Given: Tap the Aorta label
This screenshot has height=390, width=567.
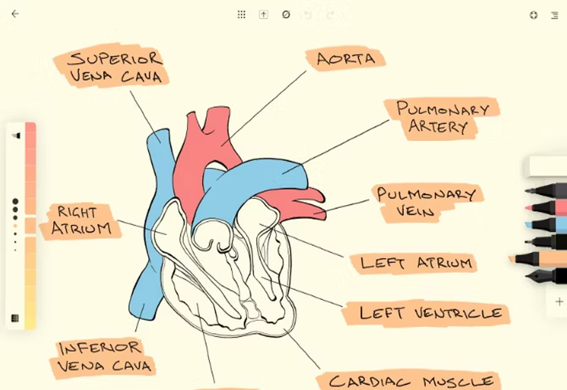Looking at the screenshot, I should pos(345,59).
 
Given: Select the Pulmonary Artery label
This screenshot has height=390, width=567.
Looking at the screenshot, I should pos(442,118).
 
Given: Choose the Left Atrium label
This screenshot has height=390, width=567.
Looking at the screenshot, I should pos(416,263).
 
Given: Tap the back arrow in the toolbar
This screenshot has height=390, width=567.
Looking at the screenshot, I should pos(15,13).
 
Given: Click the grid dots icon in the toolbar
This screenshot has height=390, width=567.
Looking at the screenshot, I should pos(241,14).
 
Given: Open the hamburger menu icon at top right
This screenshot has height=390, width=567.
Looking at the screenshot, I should pos(554,14).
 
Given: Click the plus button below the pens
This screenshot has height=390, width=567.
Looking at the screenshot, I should pos(559,301).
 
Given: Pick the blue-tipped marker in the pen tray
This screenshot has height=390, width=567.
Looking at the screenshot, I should pos(546,225).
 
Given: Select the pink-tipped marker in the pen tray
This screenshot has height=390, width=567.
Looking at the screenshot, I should pos(546,208).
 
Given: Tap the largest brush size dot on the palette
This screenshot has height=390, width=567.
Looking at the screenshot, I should pos(15,202).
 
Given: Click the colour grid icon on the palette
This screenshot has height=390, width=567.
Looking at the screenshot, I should pos(15,318).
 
